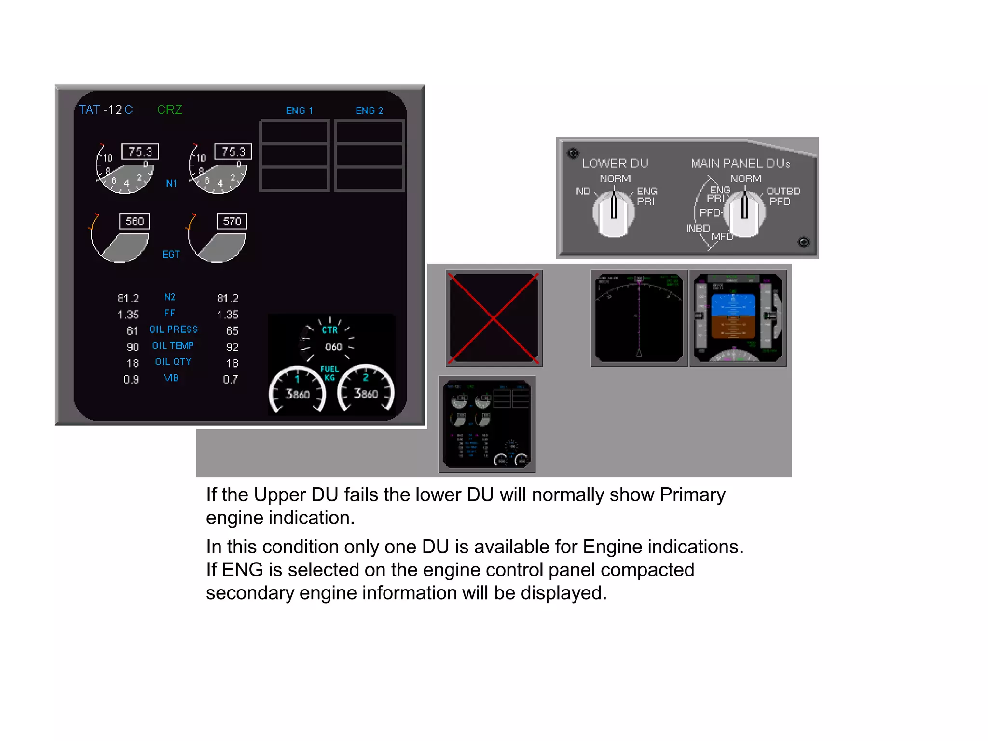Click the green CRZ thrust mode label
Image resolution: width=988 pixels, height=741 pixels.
(170, 110)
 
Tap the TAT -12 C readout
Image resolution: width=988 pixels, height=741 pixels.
(106, 110)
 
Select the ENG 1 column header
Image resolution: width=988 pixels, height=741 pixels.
(299, 110)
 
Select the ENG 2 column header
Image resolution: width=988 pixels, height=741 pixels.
(369, 110)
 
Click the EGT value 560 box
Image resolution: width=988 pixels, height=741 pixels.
(135, 221)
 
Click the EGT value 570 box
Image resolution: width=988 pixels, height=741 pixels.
(232, 221)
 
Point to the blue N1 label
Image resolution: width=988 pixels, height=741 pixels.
(171, 183)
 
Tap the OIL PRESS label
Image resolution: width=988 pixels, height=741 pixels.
(173, 329)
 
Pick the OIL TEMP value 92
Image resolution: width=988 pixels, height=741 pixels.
(232, 347)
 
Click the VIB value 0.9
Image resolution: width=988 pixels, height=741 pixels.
(131, 380)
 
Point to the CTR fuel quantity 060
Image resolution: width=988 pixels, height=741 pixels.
(333, 347)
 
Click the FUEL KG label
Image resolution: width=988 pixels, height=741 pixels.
(329, 373)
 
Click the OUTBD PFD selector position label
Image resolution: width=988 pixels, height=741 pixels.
(783, 196)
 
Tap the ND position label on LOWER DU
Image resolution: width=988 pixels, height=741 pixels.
(583, 192)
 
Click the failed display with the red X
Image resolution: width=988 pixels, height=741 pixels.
(494, 318)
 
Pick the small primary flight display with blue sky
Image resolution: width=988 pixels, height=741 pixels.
(738, 318)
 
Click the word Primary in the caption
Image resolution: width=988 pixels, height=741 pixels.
(692, 495)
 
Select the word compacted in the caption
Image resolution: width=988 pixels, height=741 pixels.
(647, 570)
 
